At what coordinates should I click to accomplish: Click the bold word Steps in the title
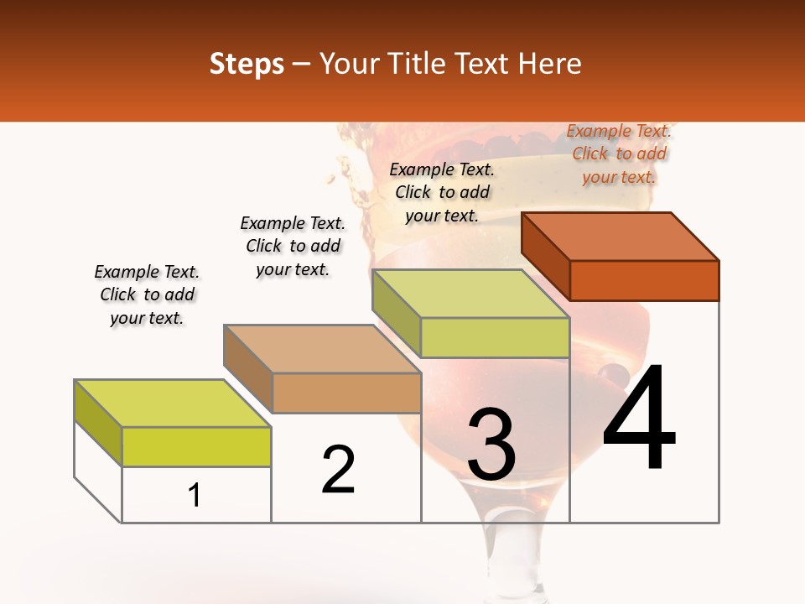click(x=247, y=64)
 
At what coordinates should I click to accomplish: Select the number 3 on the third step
click(x=491, y=445)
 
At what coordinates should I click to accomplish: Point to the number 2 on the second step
click(x=338, y=470)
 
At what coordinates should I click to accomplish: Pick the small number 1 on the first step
click(x=194, y=496)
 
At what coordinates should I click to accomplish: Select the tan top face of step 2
click(x=322, y=349)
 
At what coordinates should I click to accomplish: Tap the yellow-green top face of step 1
click(x=173, y=404)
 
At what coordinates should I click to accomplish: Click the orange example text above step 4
click(x=619, y=154)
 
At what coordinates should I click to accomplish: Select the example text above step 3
click(x=442, y=192)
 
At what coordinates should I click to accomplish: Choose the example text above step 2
click(x=293, y=246)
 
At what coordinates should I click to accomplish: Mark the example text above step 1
click(x=147, y=294)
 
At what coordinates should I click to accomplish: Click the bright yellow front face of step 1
click(x=196, y=447)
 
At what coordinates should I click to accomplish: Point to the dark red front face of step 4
click(x=644, y=280)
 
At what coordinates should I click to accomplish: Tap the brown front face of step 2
click(x=346, y=393)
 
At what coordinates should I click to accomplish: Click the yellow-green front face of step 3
click(x=495, y=337)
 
